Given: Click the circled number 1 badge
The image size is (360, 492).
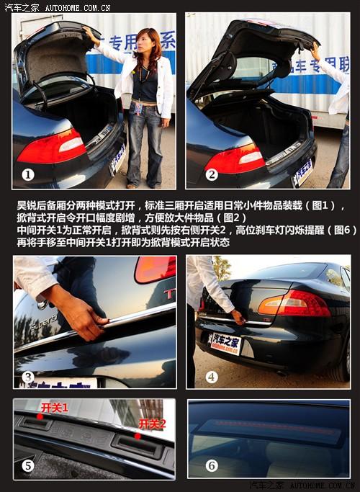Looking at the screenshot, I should tap(28, 174).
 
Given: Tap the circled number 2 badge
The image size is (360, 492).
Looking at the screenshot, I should tap(212, 174).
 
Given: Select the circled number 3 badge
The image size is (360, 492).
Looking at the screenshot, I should tap(28, 376).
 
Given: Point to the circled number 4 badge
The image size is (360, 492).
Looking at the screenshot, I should tap(211, 376).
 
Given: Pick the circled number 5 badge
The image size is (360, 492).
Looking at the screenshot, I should tap(28, 465).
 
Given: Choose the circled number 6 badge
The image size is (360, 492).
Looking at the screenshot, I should tap(211, 465).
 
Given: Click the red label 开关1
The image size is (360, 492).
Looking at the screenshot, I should tap(55, 408).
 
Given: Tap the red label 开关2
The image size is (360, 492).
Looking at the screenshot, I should tap(152, 423).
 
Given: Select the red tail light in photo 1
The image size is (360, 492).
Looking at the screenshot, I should tap(52, 148).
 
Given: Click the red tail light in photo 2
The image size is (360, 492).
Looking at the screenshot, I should tap(235, 157).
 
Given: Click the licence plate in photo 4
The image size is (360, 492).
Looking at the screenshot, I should tap(225, 341).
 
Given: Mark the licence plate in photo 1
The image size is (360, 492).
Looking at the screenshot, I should tap(117, 158).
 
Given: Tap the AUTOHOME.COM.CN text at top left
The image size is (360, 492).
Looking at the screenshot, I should tap(77, 7).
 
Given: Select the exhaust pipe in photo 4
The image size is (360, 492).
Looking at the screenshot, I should tap(282, 373).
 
